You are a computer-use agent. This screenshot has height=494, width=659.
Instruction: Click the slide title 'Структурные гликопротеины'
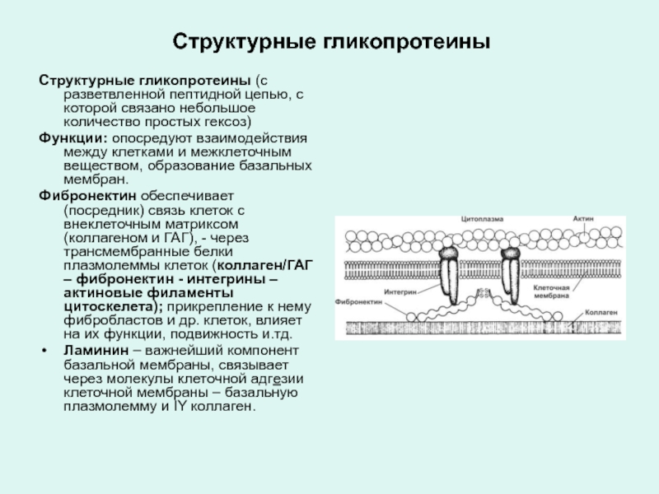(x=329, y=40)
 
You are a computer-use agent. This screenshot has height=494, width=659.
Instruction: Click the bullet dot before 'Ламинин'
(x=44, y=350)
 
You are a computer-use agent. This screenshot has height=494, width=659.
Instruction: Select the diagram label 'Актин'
(x=584, y=219)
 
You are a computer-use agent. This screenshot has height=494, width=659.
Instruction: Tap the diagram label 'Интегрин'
(x=399, y=291)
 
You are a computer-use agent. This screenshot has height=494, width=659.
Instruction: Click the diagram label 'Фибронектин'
(x=359, y=301)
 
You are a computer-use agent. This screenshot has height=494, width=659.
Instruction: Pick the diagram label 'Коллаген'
(x=599, y=314)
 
